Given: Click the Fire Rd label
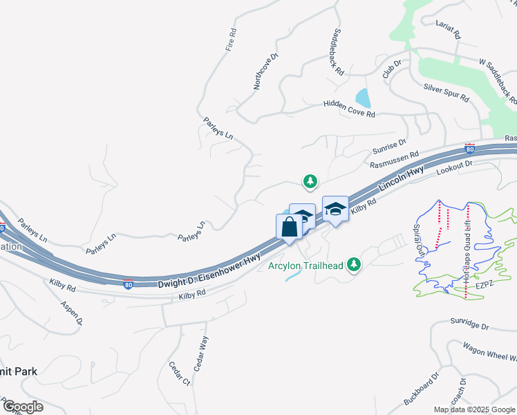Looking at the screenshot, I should pos(231,40).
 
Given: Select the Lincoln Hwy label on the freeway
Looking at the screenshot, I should pos(401,183).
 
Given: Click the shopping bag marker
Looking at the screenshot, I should pos(289,226).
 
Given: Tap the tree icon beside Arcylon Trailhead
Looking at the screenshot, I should pos(355,264).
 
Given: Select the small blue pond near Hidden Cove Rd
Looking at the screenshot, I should pos(361,98).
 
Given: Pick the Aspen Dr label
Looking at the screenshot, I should pos(71,313).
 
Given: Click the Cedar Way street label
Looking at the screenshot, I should pos(200,353).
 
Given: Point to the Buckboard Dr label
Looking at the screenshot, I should pos(421,390).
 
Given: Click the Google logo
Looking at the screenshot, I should pos(22,407).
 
